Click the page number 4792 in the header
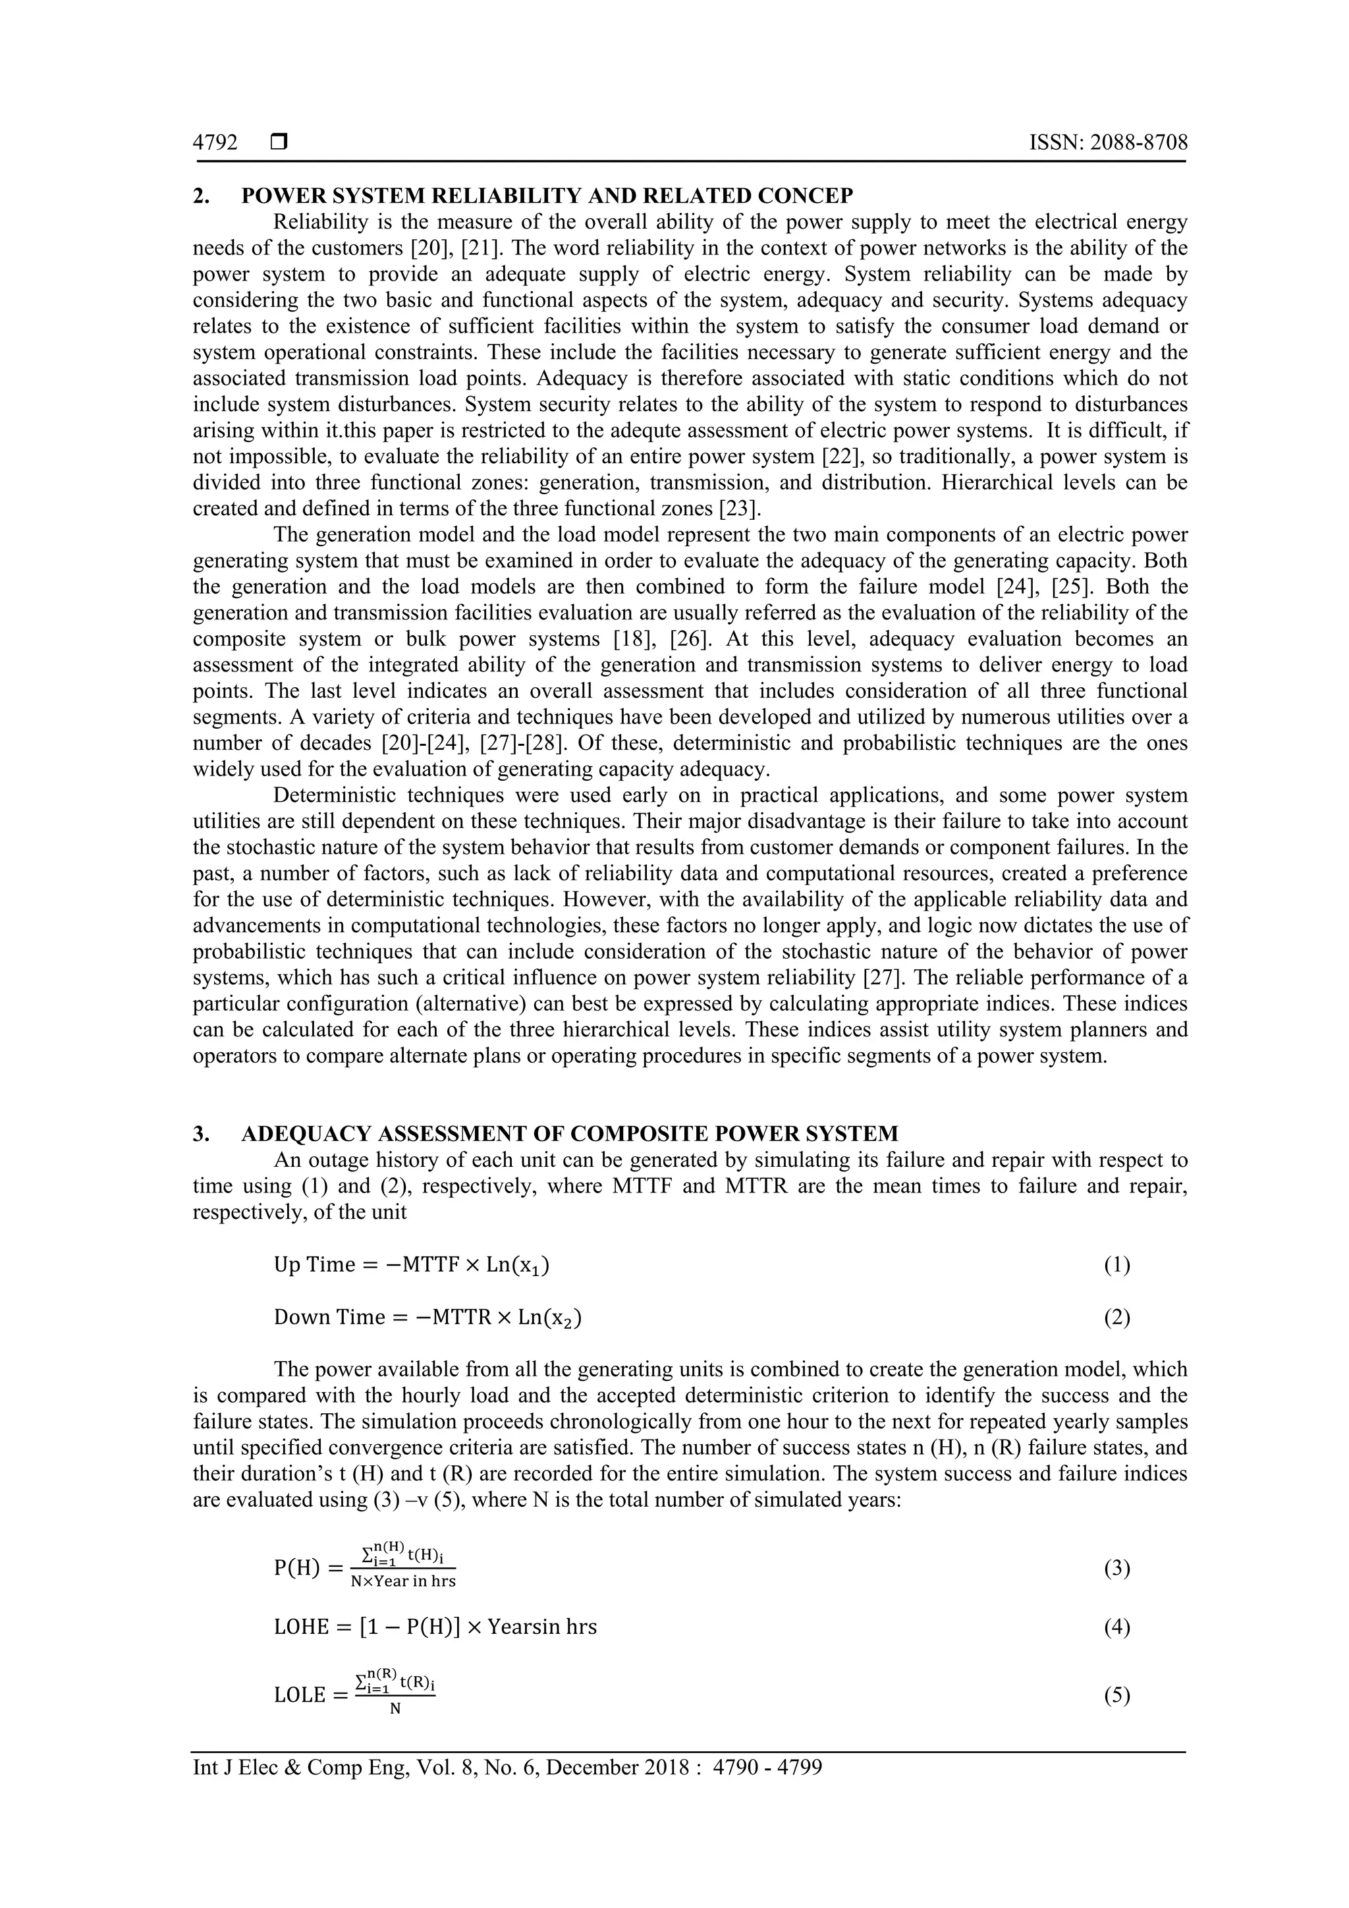(215, 143)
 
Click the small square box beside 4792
(279, 143)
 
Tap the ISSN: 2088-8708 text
(1108, 143)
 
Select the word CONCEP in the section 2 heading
(806, 196)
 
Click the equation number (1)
(1116, 1265)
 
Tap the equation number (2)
(1116, 1317)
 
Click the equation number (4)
(1116, 1627)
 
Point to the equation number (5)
(1116, 1695)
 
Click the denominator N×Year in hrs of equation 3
(403, 1581)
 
